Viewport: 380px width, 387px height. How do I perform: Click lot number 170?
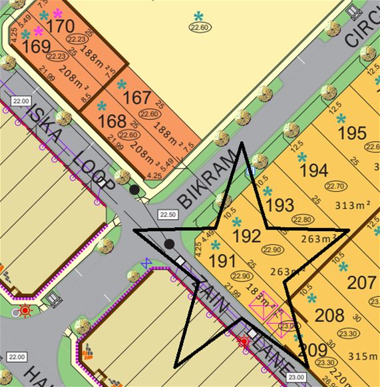pos(61,26)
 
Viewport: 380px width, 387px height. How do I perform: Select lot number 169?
pos(36,47)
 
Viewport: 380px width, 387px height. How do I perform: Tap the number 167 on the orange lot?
pos(137,97)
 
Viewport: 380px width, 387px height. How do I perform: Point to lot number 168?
pos(112,121)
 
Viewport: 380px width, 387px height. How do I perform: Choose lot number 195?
pos(352,133)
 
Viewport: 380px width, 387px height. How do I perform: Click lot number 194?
pos(314,171)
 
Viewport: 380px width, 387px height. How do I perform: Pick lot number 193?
pos(280,203)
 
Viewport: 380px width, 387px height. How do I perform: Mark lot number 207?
pos(362,282)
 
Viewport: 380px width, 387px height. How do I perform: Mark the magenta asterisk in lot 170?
pos(57,13)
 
